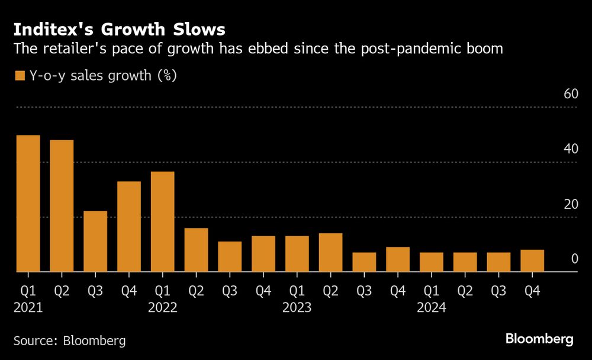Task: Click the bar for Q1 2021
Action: (28, 204)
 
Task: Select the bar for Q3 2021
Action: (95, 242)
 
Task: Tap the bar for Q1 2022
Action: (163, 222)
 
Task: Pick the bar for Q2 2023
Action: (330, 253)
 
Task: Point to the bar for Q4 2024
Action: (532, 261)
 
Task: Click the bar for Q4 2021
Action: (129, 227)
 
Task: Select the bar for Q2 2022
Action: (196, 250)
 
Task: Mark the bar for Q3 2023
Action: (364, 262)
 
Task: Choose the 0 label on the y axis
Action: (574, 259)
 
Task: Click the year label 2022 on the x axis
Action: (163, 308)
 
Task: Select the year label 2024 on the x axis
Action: (431, 308)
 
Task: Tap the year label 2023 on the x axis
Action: (297, 308)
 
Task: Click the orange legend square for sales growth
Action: (19, 76)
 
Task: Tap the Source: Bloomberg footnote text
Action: (70, 340)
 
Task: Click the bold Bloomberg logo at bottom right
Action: (539, 339)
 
